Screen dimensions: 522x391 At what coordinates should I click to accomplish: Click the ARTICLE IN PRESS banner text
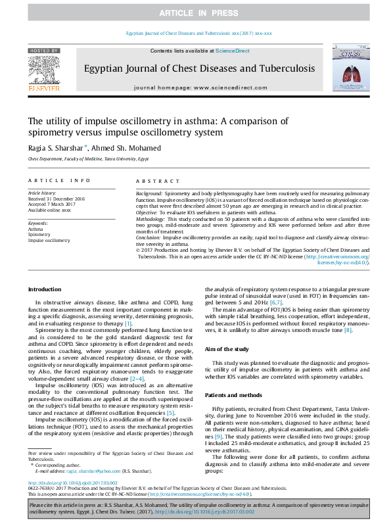(x=195, y=13)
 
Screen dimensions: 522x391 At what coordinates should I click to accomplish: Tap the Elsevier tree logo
(x=44, y=70)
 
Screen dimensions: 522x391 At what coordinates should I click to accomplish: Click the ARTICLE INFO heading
(x=59, y=180)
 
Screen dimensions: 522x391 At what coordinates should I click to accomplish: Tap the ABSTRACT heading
(x=157, y=180)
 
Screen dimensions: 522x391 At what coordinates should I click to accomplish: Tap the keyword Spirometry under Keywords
(x=39, y=234)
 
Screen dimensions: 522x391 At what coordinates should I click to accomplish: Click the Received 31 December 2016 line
(x=57, y=198)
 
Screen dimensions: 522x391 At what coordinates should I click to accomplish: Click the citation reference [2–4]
(x=137, y=379)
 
